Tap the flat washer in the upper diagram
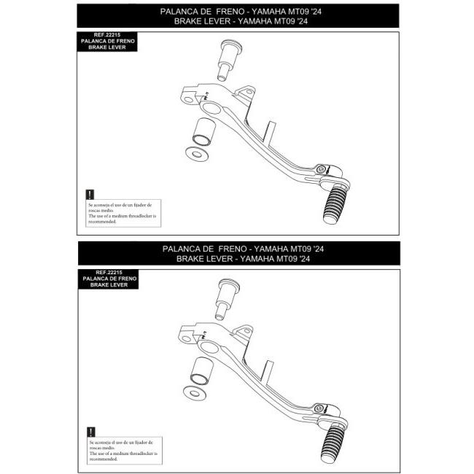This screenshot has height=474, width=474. (195, 155)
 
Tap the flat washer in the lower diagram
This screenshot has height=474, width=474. (195, 392)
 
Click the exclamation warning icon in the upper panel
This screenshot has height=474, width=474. (89, 195)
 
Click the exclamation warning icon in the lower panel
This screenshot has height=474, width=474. (89, 432)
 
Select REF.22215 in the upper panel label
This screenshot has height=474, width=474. (109, 34)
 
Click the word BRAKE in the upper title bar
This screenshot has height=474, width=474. (189, 21)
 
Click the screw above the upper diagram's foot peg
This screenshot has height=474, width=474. (322, 169)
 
